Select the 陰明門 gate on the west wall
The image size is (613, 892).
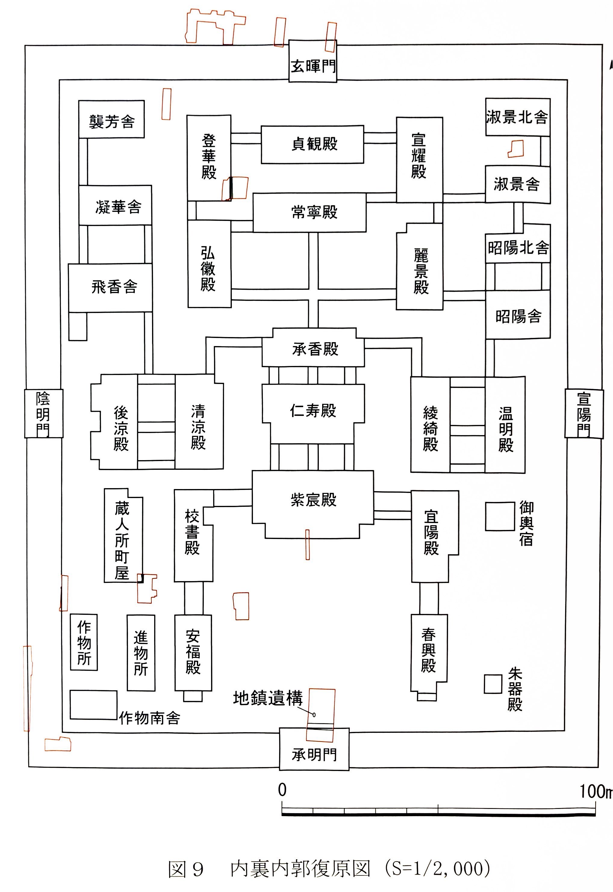43,413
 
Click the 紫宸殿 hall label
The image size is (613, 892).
313,500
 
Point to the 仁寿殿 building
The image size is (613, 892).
313,411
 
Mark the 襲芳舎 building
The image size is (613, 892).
111,121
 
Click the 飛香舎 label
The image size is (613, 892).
114,287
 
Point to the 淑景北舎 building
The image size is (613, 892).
517,117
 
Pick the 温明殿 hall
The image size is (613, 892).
506,429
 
